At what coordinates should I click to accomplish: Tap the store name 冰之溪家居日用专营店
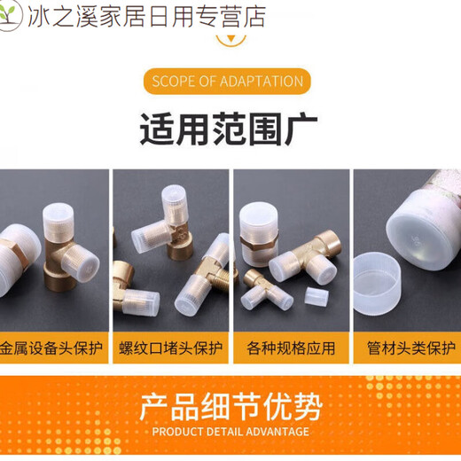[146, 16]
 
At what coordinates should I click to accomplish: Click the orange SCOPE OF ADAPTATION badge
[228, 82]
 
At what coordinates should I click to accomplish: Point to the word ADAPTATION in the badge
[262, 82]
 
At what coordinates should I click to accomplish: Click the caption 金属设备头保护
[51, 347]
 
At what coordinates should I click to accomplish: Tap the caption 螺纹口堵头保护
[170, 347]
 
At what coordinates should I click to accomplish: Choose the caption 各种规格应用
[291, 347]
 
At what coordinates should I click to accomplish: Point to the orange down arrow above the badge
[230, 38]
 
